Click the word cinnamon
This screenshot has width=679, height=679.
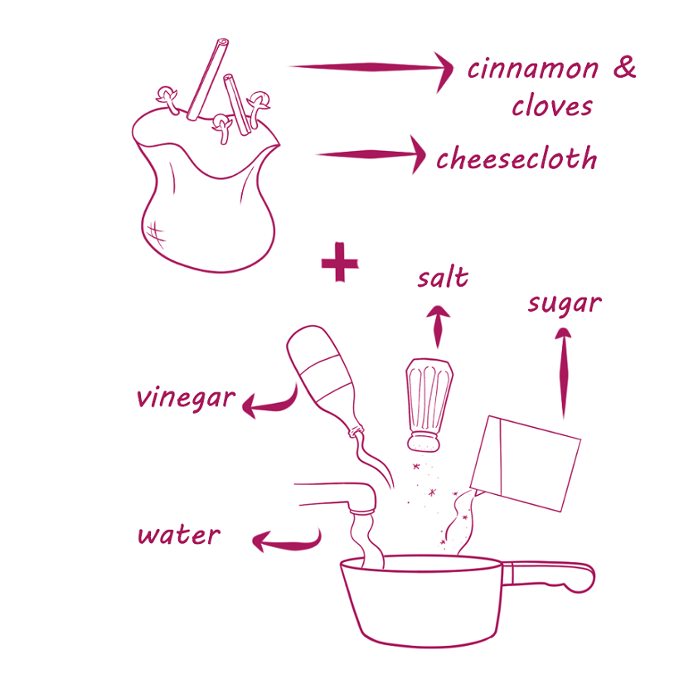(533, 69)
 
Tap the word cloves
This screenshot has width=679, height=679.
(552, 105)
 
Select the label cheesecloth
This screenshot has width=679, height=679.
(517, 158)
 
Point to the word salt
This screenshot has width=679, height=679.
(443, 278)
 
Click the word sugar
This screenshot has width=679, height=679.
(565, 304)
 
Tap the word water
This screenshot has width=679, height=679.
(179, 535)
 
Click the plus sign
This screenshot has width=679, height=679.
(340, 262)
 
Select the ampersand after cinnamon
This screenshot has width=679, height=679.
(624, 67)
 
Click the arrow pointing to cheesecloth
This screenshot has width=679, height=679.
(371, 154)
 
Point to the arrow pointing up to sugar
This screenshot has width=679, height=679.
(564, 373)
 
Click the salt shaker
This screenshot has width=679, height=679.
(429, 405)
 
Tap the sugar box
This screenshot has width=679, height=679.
(526, 463)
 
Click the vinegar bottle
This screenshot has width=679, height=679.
(325, 380)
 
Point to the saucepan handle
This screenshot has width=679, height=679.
(549, 576)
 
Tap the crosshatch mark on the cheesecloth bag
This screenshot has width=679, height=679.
(156, 235)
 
